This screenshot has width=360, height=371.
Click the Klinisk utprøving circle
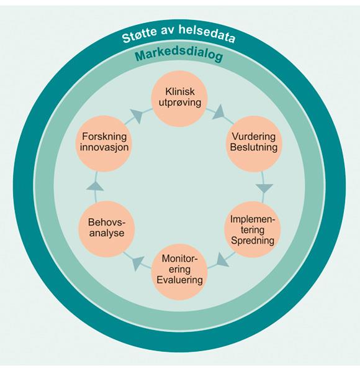coord(179,98)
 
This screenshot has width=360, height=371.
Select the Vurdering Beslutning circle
coord(254,144)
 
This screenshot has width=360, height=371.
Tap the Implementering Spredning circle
coord(253,229)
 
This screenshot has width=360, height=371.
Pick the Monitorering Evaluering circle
coord(179,272)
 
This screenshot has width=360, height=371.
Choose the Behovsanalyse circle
coord(106,229)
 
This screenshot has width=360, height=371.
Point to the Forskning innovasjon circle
coord(104,144)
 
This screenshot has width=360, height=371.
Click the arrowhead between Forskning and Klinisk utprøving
coord(137,116)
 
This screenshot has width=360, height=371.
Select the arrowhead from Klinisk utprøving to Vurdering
coord(219,112)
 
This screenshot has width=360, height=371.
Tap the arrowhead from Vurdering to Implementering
coord(264,188)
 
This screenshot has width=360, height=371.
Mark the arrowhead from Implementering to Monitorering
coord(222,260)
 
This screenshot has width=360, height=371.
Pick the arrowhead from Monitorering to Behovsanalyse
coord(137,263)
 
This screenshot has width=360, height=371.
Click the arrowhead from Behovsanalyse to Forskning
coord(95,186)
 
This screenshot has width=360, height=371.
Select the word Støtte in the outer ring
coord(140,35)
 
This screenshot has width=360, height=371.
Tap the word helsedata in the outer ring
coord(207,34)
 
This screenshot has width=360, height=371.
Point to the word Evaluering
coord(179,280)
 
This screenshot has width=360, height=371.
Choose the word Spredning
coord(253,240)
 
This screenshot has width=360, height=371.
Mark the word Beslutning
coord(254,147)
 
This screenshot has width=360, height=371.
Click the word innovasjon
coord(104,147)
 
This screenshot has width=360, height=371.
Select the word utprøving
coord(180,103)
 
